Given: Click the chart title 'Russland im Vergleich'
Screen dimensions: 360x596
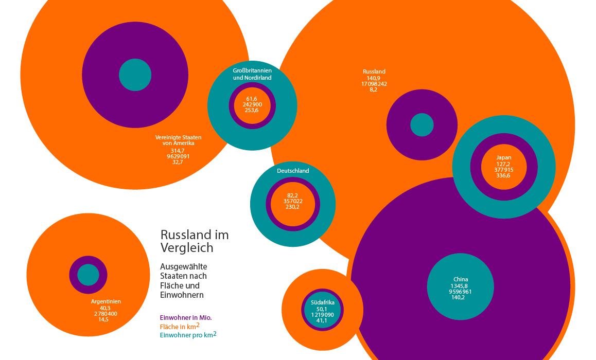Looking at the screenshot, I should [195, 241].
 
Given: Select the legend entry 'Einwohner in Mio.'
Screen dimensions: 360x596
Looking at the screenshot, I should [186, 317].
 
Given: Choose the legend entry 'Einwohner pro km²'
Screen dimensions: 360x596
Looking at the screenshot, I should [188, 335].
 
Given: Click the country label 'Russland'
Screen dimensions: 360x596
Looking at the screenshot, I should [374, 71].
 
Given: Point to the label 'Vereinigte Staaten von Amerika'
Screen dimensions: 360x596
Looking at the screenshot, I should [178, 140].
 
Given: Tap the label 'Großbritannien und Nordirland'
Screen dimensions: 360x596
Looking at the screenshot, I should [252, 74].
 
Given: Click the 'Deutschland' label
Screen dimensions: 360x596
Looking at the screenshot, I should [293, 171].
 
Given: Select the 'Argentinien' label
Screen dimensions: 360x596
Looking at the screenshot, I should [106, 302].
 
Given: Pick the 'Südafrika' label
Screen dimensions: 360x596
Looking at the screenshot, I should [323, 302].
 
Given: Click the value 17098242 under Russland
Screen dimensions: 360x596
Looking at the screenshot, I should [374, 83].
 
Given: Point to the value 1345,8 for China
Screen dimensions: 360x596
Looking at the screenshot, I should [461, 286].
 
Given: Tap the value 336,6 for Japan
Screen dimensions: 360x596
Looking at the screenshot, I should [504, 175].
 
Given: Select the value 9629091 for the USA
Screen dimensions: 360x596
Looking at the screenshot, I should [178, 156].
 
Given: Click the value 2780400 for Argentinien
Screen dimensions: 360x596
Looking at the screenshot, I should [106, 314].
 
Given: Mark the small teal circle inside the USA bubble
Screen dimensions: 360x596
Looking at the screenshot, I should [135, 75].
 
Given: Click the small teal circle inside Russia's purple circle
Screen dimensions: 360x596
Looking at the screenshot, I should [422, 125].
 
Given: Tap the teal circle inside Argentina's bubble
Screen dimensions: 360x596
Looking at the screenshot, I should [88, 275].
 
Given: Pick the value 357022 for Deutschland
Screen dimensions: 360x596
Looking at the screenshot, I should [293, 201].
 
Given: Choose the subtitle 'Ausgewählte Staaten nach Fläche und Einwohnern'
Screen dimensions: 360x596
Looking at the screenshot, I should [184, 281].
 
